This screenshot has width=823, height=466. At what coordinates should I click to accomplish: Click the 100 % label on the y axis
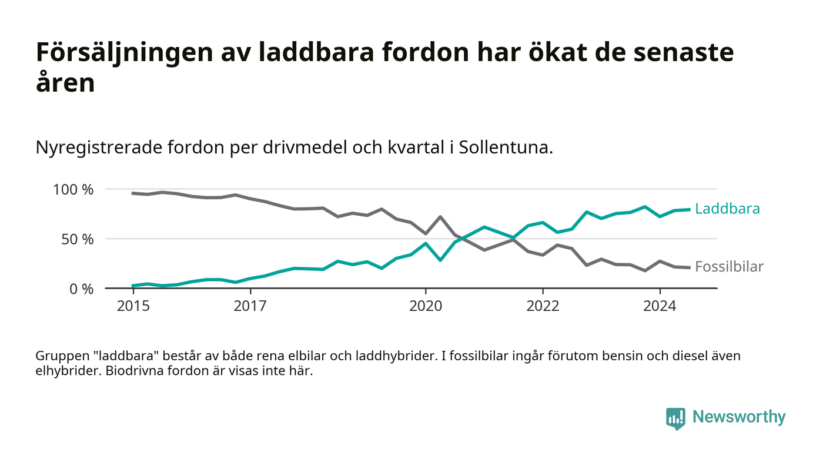coord(73,190)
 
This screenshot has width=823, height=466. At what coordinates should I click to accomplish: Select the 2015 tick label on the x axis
coord(132,306)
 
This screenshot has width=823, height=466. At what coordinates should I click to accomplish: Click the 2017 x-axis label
coord(250,306)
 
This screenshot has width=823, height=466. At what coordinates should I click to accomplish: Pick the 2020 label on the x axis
coord(425,306)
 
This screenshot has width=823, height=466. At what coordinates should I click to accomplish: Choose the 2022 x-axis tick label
coord(542,306)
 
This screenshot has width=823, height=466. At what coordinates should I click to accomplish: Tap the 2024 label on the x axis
coord(660,306)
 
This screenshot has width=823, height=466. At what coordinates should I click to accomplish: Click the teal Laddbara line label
coord(727,209)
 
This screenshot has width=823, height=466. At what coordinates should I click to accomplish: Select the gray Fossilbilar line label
coord(729,267)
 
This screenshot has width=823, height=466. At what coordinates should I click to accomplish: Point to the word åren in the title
coord(65,83)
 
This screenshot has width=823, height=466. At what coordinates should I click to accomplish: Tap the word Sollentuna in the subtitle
coord(506,147)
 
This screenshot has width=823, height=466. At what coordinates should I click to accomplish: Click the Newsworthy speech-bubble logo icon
coord(675,418)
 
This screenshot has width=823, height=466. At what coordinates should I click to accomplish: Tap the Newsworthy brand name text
coord(738,417)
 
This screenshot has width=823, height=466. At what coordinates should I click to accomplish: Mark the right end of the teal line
coord(689,209)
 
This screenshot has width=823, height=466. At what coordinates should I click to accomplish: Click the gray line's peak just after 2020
coord(440,217)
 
